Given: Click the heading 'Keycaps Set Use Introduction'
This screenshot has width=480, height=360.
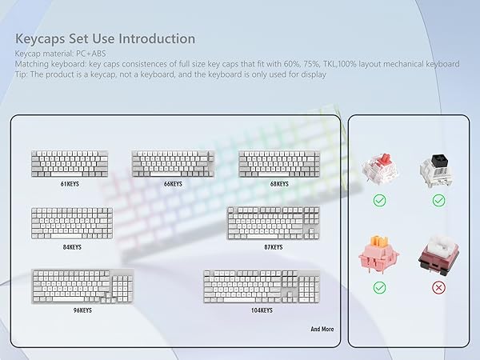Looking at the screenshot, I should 105,38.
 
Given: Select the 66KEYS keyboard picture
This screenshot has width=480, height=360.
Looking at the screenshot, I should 173,163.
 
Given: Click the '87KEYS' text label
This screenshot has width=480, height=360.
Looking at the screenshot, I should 274,247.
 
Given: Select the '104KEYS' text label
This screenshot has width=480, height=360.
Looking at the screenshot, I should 261,310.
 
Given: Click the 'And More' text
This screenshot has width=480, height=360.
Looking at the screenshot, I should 322,329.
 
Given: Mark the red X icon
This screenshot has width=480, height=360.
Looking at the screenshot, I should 438,286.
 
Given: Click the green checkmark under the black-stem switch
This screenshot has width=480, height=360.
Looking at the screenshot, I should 438,201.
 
